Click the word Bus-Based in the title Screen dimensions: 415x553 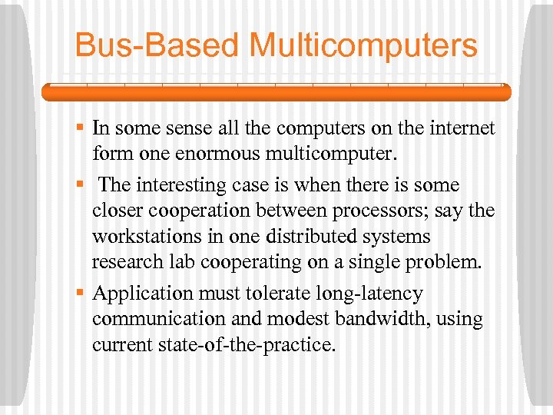point(158,45)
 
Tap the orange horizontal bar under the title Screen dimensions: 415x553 point(276,93)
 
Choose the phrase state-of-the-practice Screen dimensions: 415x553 point(252,345)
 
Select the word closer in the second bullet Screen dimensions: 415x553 point(116,211)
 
